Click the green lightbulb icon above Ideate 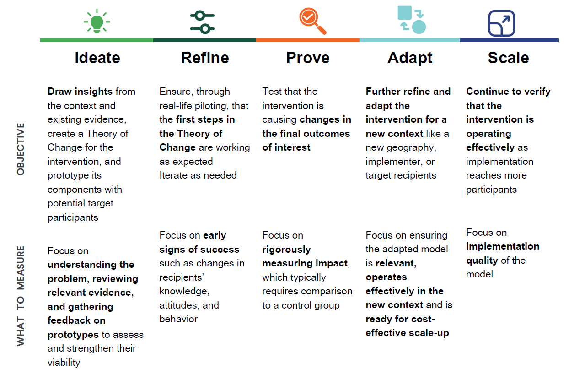(97, 22)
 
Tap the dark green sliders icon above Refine (202, 22)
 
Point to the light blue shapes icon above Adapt (412, 21)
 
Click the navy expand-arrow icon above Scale (502, 23)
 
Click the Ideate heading (97, 58)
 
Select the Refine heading (205, 58)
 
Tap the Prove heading (308, 58)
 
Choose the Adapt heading (410, 58)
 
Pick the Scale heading (508, 58)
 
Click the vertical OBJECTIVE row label (21, 149)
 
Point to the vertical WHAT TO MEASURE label (21, 296)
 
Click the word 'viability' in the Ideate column (64, 363)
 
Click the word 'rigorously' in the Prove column (286, 250)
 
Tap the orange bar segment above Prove (308, 40)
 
